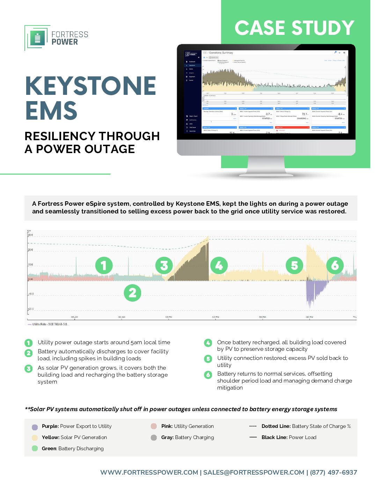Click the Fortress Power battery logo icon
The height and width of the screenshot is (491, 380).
click(x=37, y=38)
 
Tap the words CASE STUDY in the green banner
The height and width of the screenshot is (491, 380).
click(x=294, y=28)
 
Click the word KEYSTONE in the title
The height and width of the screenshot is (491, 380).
click(x=91, y=86)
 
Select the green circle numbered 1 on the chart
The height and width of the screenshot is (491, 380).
click(x=104, y=266)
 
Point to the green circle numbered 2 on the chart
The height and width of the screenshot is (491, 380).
click(x=132, y=293)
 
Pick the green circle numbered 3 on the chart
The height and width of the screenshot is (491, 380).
click(x=164, y=266)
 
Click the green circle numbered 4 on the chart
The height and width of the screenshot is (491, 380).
click(x=219, y=266)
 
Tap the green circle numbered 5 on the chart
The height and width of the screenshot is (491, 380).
click(x=294, y=266)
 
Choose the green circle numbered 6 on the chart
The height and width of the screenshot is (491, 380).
click(x=335, y=266)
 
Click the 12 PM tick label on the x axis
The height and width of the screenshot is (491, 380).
click(x=168, y=317)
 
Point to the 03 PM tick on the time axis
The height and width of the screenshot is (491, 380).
click(x=215, y=317)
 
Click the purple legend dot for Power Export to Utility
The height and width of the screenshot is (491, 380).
click(x=35, y=427)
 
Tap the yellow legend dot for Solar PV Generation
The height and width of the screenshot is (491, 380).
click(x=35, y=438)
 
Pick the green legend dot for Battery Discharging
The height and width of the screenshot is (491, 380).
click(x=35, y=448)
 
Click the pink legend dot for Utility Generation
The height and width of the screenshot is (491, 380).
click(x=154, y=426)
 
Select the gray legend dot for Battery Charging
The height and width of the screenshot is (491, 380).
click(x=154, y=438)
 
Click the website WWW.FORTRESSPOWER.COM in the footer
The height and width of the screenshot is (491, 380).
click(x=149, y=473)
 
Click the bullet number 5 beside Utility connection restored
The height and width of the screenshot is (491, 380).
click(x=208, y=358)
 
